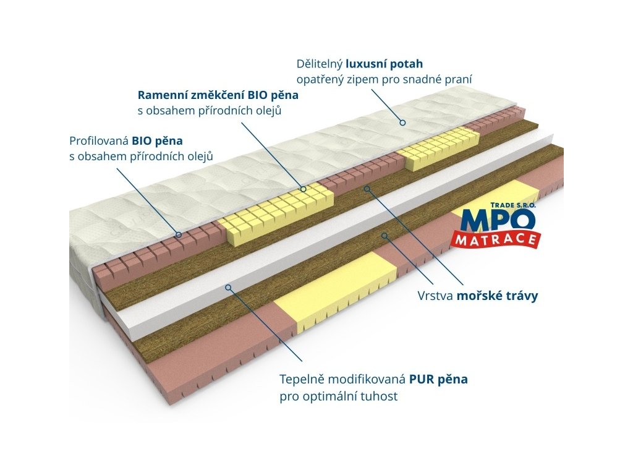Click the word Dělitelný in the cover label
[319, 64]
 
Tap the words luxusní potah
[384, 64]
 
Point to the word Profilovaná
[99, 140]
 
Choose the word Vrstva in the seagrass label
[436, 296]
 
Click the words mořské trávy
[497, 296]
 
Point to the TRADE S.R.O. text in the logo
[513, 205]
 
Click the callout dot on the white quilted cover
[402, 122]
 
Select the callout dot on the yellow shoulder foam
[304, 189]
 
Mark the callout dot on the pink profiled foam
[179, 234]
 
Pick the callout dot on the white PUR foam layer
[228, 287]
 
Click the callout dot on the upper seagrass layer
[367, 188]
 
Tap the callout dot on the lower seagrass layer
[384, 235]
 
